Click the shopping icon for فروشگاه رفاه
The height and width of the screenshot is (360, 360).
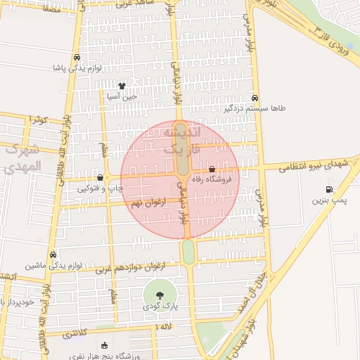[x=212, y=169]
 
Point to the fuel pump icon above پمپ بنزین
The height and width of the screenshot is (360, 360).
[x=328, y=189]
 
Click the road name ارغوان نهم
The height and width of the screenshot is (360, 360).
[x=148, y=202]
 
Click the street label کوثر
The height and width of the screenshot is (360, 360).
[x=39, y=120]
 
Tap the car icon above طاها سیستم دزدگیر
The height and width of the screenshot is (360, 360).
[x=255, y=98]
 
